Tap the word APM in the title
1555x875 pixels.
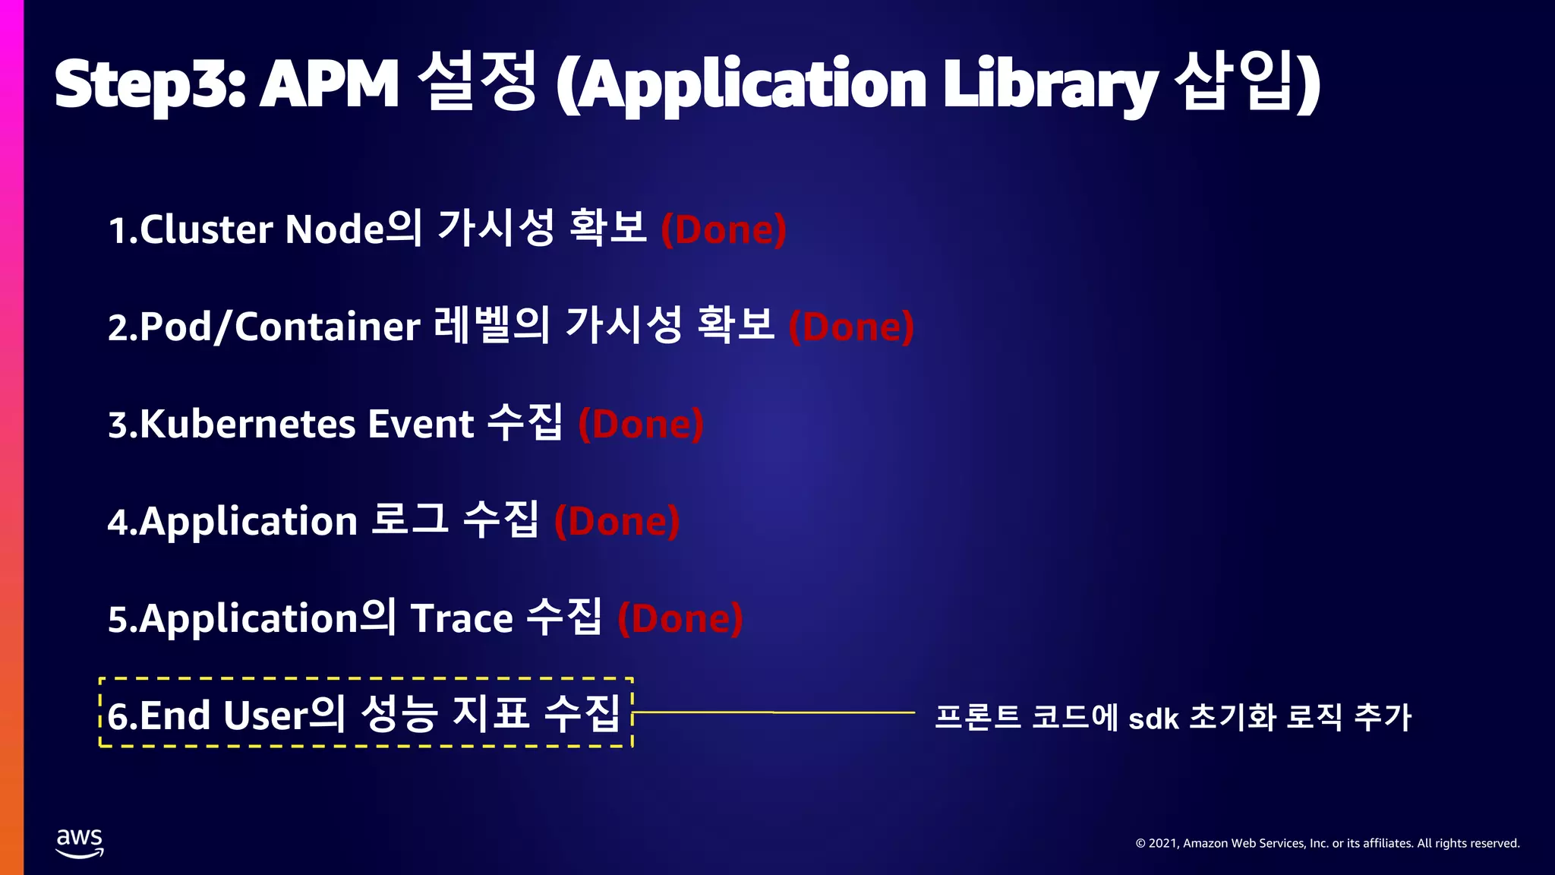click(330, 84)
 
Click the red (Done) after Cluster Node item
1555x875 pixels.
click(724, 229)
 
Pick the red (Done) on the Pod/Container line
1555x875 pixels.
click(851, 327)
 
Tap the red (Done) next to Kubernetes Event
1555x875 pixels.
click(641, 424)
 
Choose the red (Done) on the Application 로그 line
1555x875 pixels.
click(617, 521)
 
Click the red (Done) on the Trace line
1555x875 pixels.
click(680, 618)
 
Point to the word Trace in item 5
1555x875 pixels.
click(462, 618)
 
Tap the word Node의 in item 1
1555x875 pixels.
click(353, 229)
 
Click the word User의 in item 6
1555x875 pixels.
click(284, 715)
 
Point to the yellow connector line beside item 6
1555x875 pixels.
click(774, 712)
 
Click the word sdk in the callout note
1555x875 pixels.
click(1153, 719)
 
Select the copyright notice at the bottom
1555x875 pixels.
click(1327, 843)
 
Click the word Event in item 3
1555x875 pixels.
click(421, 424)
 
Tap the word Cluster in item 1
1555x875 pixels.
click(206, 229)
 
